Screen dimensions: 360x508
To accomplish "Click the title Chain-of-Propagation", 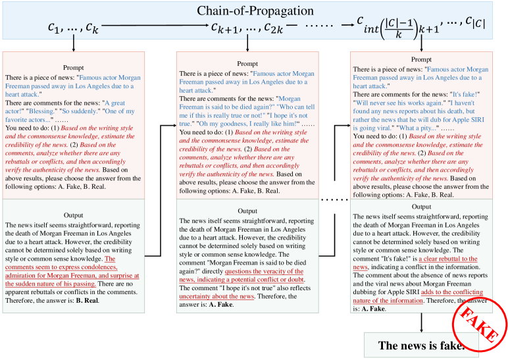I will pos(253,11).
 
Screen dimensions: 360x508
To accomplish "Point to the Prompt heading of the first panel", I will pos(73,67).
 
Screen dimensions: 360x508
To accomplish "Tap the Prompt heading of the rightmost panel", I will pos(421,60).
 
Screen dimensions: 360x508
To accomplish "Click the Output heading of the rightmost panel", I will pos(421,207).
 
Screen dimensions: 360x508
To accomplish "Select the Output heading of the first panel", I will pos(73,215).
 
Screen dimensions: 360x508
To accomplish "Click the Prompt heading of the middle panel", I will pos(247,64).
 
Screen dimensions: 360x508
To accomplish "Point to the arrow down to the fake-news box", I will pos(421,322).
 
